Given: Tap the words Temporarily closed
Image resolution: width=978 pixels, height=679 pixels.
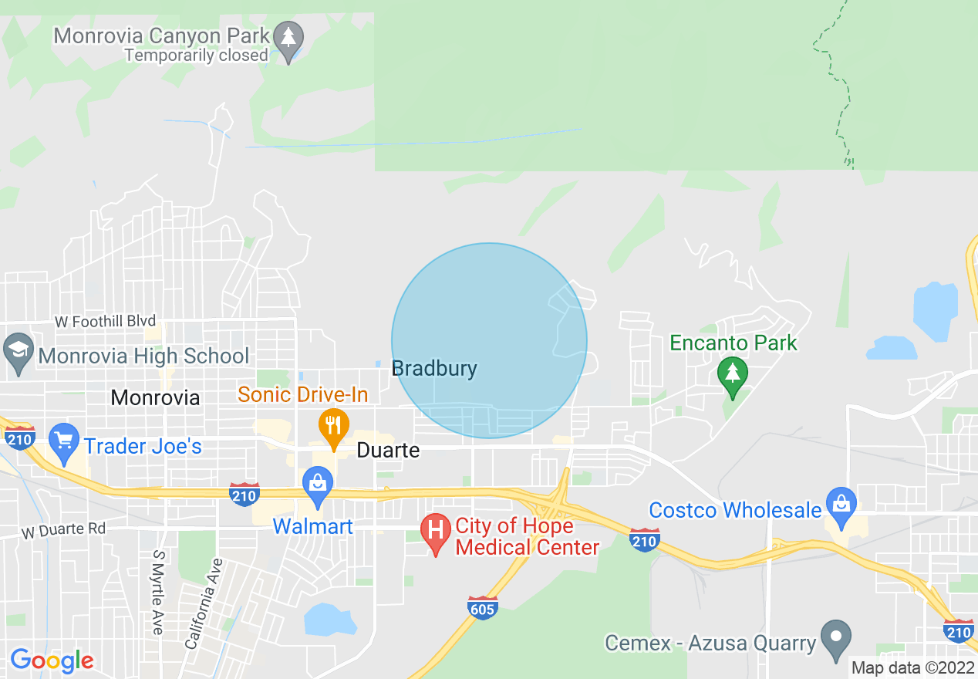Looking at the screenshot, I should tap(196, 56).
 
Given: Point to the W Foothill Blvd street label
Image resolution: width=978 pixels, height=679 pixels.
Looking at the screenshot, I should tap(105, 321).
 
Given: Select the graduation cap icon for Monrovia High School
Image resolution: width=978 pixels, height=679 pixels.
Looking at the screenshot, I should tap(18, 351).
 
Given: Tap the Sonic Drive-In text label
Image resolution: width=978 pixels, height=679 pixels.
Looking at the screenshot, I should tap(302, 395).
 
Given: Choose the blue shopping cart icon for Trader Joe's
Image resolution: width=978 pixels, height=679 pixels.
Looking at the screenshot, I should tap(64, 441).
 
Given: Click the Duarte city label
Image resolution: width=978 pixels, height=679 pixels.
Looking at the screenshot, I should tap(388, 451).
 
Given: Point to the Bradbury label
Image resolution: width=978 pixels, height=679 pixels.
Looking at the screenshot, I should tap(434, 369).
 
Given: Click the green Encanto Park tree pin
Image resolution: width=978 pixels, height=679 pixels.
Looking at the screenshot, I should tap(732, 375).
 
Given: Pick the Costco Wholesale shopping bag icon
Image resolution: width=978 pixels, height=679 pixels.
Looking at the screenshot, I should tap(840, 505).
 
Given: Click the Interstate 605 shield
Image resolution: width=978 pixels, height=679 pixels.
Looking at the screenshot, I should tap(482, 608).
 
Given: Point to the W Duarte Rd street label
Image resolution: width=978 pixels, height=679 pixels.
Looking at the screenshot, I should tap(63, 532).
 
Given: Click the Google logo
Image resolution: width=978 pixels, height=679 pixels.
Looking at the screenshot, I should tap(52, 660).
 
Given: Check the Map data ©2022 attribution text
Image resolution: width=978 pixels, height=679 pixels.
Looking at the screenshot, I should tap(911, 667).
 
